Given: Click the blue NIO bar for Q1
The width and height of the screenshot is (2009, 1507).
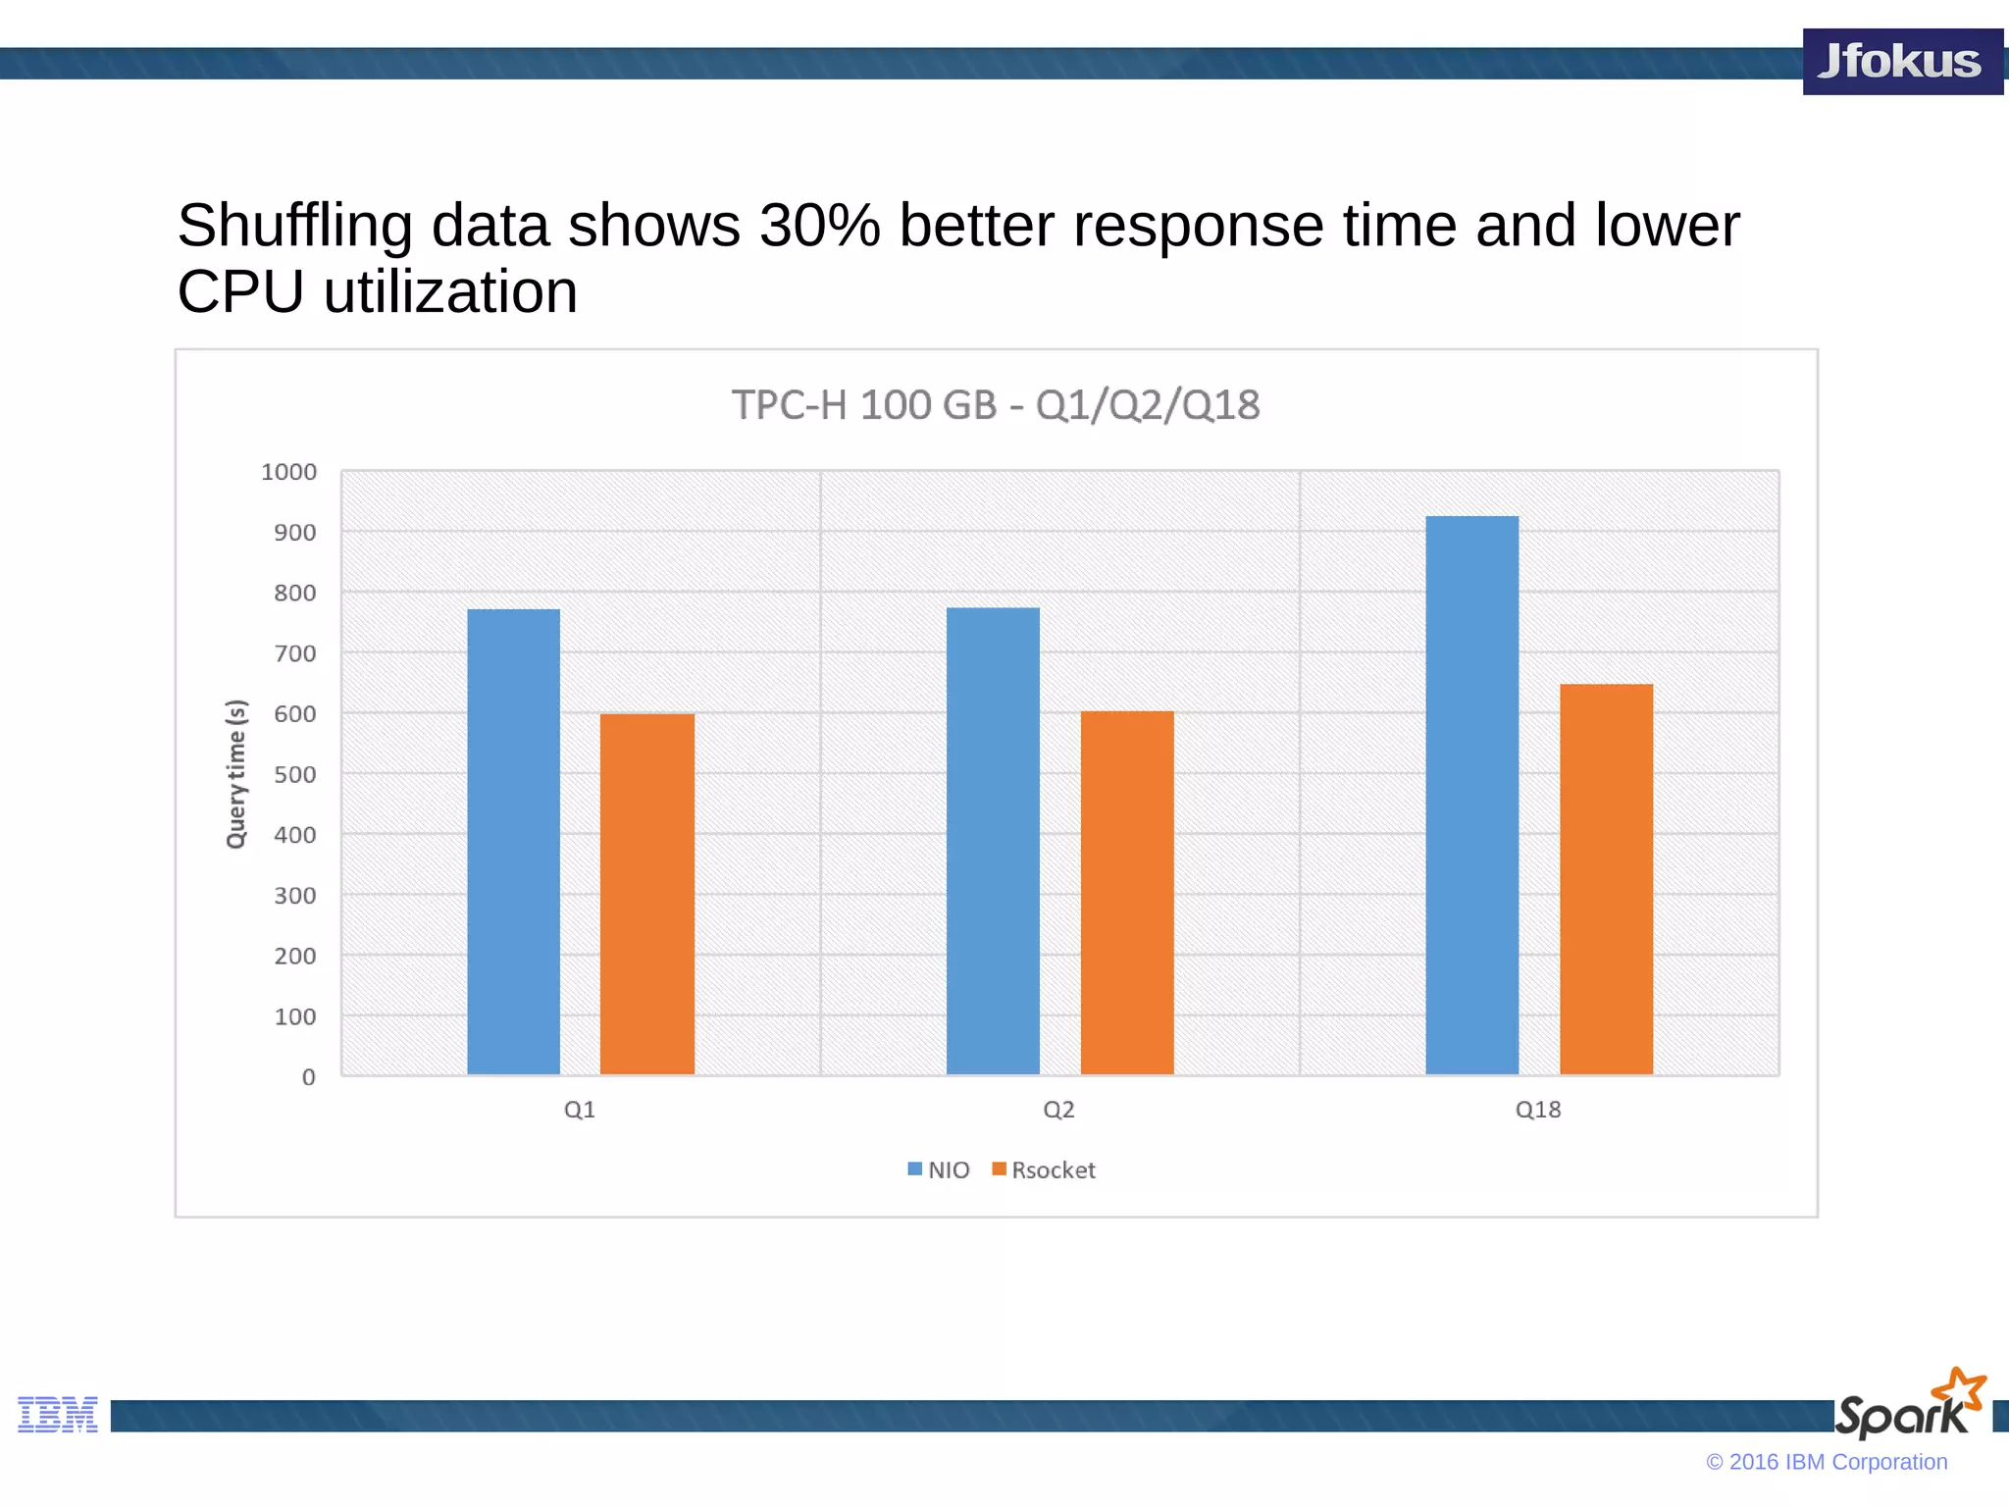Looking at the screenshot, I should click(513, 841).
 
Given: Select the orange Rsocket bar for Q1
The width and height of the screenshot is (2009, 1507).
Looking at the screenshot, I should click(647, 894).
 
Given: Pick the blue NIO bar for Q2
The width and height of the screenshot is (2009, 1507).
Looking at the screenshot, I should click(993, 841).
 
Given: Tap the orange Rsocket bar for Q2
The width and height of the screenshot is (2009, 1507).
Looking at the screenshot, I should click(1127, 892).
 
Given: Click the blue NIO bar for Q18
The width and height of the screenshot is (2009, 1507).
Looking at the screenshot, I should click(1471, 795).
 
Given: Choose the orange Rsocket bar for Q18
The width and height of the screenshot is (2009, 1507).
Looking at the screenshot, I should click(1606, 879).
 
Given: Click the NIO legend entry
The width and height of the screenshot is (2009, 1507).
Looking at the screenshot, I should click(939, 1169).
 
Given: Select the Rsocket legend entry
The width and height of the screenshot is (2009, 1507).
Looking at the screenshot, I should click(1044, 1169).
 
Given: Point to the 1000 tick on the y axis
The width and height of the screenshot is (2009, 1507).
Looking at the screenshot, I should click(289, 472).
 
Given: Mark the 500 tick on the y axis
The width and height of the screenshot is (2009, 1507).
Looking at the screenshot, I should click(294, 774).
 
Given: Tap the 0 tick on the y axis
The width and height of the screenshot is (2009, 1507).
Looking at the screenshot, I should click(308, 1077).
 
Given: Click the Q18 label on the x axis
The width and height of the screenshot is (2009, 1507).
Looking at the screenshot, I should click(1537, 1110).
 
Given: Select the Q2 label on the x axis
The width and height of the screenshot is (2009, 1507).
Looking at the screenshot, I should click(1058, 1110).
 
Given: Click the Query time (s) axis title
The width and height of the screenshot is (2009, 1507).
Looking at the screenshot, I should click(236, 774).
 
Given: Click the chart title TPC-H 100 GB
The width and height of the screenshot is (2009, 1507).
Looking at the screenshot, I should click(995, 405).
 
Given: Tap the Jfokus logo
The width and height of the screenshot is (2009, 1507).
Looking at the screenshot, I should click(1901, 61).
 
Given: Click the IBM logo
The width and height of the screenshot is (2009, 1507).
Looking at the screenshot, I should click(58, 1414).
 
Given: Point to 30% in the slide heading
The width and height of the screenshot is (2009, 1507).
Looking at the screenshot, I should click(820, 226).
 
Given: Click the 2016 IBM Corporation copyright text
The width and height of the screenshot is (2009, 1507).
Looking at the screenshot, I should click(1827, 1462).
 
